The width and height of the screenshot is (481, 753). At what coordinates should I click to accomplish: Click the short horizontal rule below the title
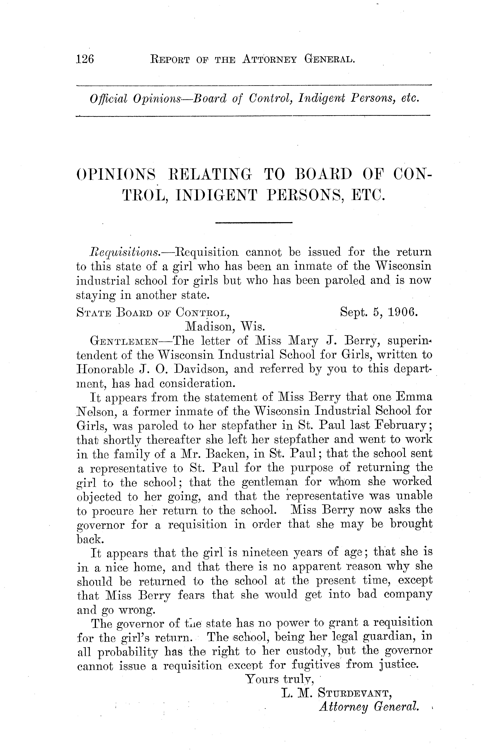tap(253, 223)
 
